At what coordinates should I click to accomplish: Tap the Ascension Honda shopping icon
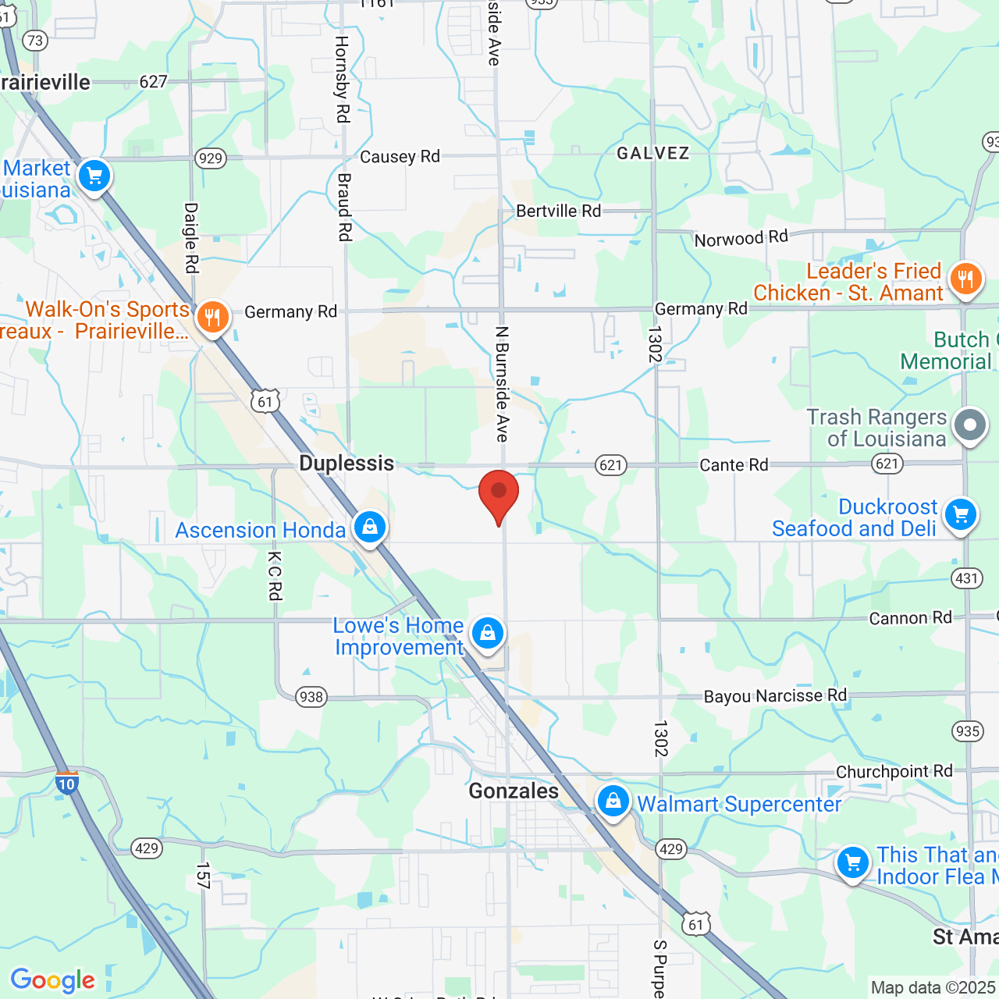(370, 528)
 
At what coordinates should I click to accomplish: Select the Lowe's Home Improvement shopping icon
(488, 633)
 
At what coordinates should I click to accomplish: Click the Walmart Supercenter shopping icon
(613, 802)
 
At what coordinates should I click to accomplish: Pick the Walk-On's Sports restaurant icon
(212, 318)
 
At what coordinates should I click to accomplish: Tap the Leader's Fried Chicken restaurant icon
(965, 278)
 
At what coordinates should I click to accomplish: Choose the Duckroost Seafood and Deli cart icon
(960, 515)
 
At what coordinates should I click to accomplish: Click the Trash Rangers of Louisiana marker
(970, 426)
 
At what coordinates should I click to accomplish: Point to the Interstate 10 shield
(67, 783)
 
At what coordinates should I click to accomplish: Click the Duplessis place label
(347, 464)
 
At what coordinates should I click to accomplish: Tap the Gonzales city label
(514, 791)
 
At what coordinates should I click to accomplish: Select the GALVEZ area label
(653, 154)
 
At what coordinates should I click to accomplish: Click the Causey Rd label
(400, 157)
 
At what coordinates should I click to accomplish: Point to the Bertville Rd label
(559, 212)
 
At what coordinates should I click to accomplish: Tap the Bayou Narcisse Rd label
(775, 696)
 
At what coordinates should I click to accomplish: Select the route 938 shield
(311, 697)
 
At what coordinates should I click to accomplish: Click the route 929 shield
(211, 158)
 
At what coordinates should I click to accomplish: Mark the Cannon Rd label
(910, 618)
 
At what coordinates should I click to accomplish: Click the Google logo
(53, 980)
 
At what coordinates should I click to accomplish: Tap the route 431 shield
(966, 578)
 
